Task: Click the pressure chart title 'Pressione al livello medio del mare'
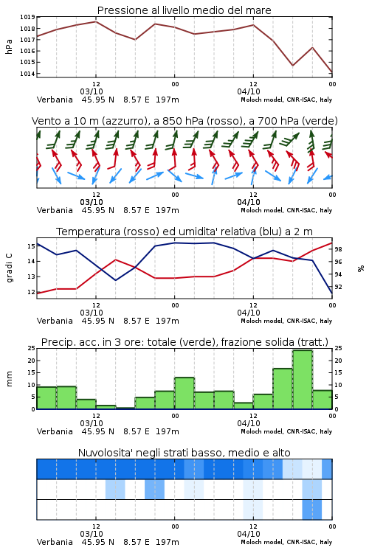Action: tap(184, 10)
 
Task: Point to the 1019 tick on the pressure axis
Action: tap(27, 17)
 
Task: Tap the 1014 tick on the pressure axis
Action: tap(27, 74)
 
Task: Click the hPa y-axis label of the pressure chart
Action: tap(9, 46)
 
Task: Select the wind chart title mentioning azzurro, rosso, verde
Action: tap(184, 121)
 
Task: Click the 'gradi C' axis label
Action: tap(9, 268)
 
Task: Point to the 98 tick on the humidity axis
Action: tap(338, 249)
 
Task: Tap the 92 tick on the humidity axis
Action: tap(338, 287)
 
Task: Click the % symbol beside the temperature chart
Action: tap(361, 268)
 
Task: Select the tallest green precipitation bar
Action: tap(303, 380)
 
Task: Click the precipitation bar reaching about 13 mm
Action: tap(184, 393)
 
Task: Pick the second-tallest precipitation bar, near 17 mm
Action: tap(283, 389)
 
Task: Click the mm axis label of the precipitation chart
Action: tap(9, 379)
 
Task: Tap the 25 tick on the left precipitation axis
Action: tap(32, 349)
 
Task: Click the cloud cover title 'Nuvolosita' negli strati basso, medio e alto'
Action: tap(184, 453)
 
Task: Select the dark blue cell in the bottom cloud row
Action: tap(311, 509)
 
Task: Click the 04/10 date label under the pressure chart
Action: tap(249, 91)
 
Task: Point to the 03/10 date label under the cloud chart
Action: tap(92, 534)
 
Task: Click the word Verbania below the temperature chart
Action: tap(55, 321)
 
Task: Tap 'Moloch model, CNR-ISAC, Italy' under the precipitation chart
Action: tap(286, 431)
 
